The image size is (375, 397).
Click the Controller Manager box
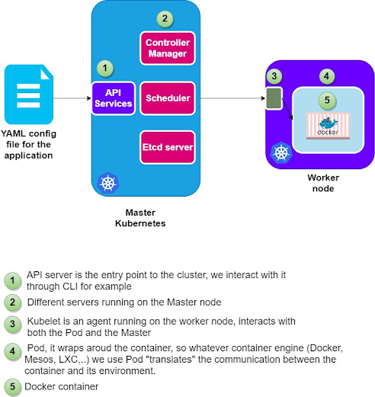(168, 48)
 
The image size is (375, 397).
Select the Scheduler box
(168, 98)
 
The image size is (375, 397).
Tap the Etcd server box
(168, 147)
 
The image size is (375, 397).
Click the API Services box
(114, 98)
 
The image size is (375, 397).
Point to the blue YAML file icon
(29, 94)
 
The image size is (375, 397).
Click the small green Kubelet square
(274, 98)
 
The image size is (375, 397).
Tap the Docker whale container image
(328, 126)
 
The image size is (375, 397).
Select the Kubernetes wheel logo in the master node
(108, 183)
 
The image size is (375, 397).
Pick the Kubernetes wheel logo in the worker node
(281, 153)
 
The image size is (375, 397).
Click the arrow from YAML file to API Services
(72, 98)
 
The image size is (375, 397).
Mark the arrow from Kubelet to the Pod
(287, 109)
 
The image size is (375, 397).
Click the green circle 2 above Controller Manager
(165, 18)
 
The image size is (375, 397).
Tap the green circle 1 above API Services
(105, 68)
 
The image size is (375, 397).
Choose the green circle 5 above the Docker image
(327, 101)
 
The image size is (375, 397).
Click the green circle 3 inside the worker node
(274, 75)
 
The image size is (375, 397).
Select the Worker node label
(323, 183)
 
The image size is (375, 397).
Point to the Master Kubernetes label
(140, 218)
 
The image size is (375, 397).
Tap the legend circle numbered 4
(12, 351)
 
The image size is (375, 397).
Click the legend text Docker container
(61, 386)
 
